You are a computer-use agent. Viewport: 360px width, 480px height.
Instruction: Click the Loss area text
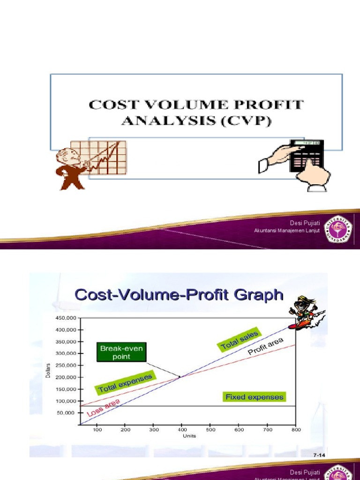pos(104,408)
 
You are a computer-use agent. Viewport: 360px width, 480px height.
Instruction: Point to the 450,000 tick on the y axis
pos(66,318)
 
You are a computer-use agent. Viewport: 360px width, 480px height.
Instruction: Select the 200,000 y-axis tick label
pos(66,377)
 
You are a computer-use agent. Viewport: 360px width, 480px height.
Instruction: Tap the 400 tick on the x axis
pos(182,429)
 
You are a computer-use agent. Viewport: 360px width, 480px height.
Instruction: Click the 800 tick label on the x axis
pos(296,429)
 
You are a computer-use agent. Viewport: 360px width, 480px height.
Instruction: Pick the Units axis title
pos(189,436)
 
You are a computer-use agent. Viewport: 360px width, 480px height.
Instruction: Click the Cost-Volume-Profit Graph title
pos(179,295)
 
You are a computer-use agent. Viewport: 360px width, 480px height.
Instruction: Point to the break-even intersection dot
pos(180,376)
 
